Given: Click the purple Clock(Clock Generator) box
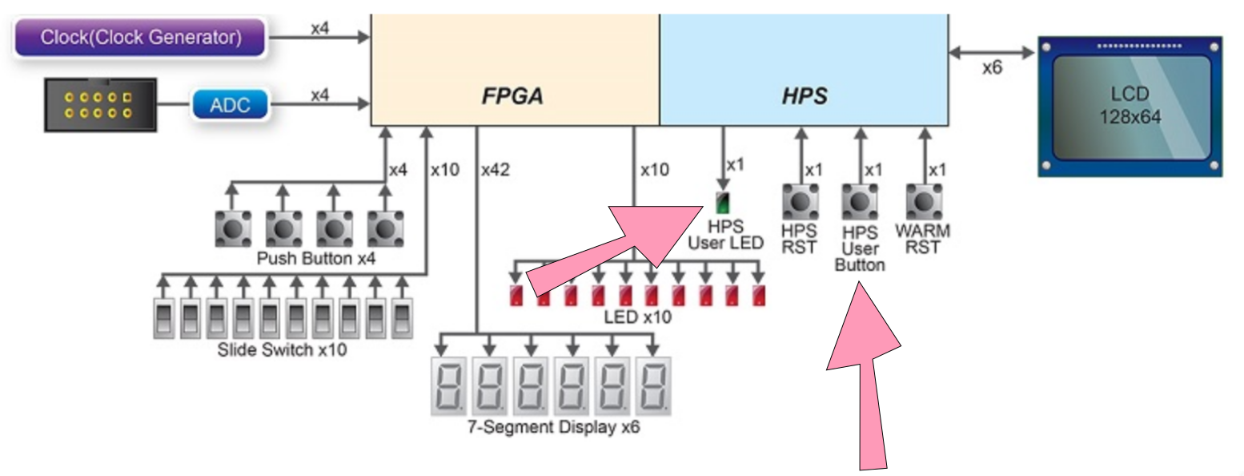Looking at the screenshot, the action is pos(141,37).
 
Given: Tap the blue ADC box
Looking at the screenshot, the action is pos(231,104).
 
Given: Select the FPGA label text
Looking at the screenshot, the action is pos(512,95).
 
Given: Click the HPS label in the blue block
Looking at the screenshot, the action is pos(805,95).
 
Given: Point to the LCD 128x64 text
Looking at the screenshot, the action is pos(1130,105).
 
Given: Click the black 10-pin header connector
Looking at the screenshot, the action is pos(101,105).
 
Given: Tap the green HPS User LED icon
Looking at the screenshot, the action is pos(723,203).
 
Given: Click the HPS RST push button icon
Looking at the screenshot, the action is pos(801,202).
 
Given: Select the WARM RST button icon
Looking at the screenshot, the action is pos(924,202).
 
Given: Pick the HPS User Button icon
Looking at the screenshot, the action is pos(860,202).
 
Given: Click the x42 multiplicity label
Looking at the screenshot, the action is pos(496,170).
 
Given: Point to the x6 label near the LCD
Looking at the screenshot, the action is pos(993,68).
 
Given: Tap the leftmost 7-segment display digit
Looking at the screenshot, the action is pos(449,386).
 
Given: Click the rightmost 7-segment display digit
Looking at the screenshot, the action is pos(653,386).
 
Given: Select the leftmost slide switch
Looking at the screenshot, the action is pos(164,319).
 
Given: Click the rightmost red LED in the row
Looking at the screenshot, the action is pos(759,295).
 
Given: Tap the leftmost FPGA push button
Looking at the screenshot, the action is pos(233,228).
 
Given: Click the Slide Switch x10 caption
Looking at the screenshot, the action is pos(282,349).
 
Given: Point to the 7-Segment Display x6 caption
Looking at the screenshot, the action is pos(554,427).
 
